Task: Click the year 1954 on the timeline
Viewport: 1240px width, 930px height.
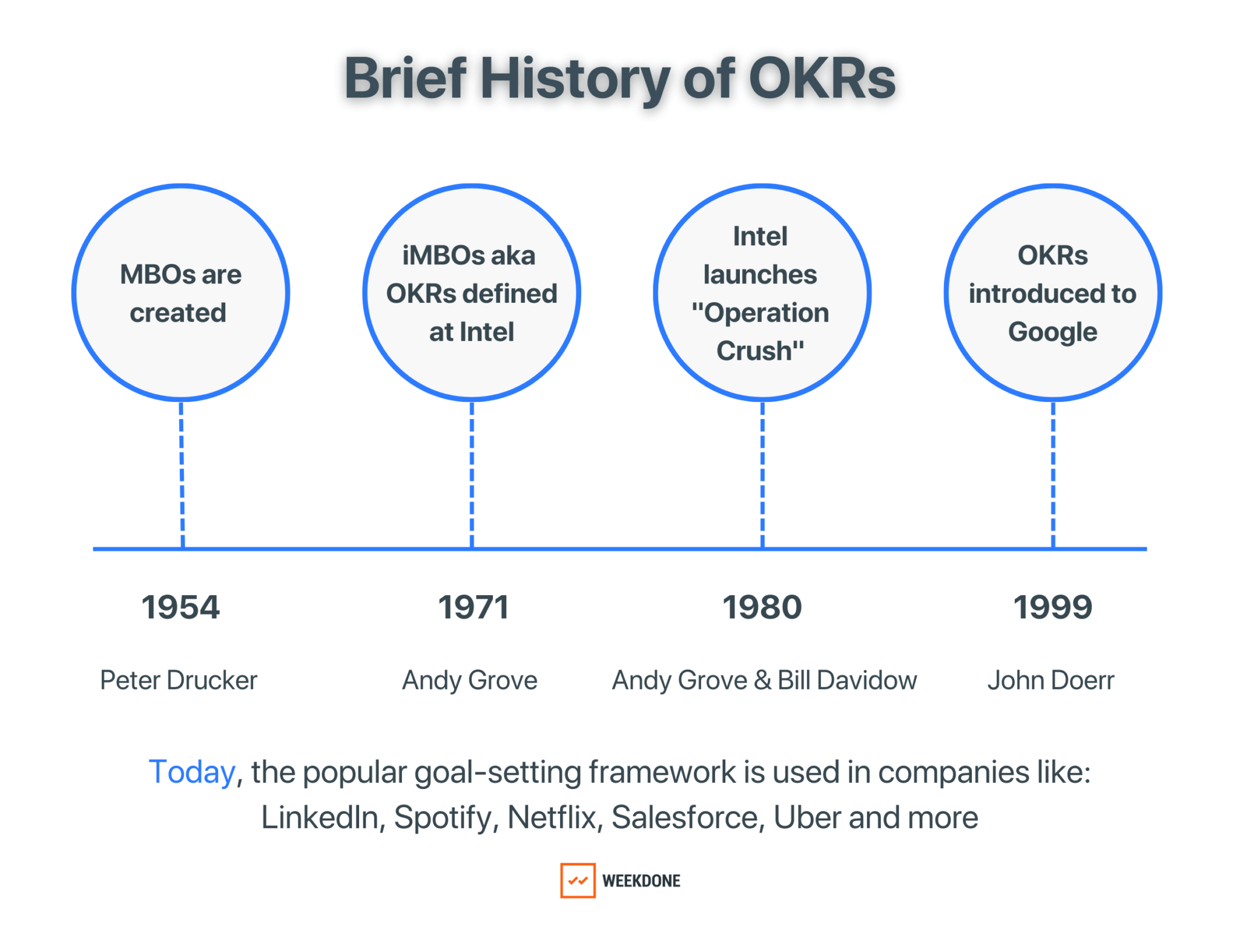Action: [180, 607]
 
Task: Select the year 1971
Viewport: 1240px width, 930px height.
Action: [473, 607]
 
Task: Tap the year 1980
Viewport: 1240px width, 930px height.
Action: [762, 607]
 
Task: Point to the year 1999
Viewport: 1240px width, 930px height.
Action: [1053, 607]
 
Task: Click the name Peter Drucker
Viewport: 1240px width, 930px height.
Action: [179, 680]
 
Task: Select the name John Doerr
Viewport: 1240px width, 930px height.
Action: [1050, 680]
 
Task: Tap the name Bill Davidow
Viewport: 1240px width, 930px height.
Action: [847, 680]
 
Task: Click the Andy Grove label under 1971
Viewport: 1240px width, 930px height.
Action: [470, 680]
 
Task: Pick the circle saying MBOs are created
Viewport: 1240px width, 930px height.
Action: [180, 292]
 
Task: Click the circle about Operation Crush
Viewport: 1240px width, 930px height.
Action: [762, 292]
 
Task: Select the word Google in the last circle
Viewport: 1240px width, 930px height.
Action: [1052, 332]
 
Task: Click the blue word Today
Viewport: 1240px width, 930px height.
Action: [191, 772]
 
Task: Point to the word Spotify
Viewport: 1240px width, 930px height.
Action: [443, 817]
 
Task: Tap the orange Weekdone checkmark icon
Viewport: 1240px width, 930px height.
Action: [578, 880]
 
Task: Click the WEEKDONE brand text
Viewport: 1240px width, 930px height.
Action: [641, 880]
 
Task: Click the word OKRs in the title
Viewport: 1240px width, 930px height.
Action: [822, 79]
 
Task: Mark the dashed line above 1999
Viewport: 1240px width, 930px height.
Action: [1053, 475]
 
